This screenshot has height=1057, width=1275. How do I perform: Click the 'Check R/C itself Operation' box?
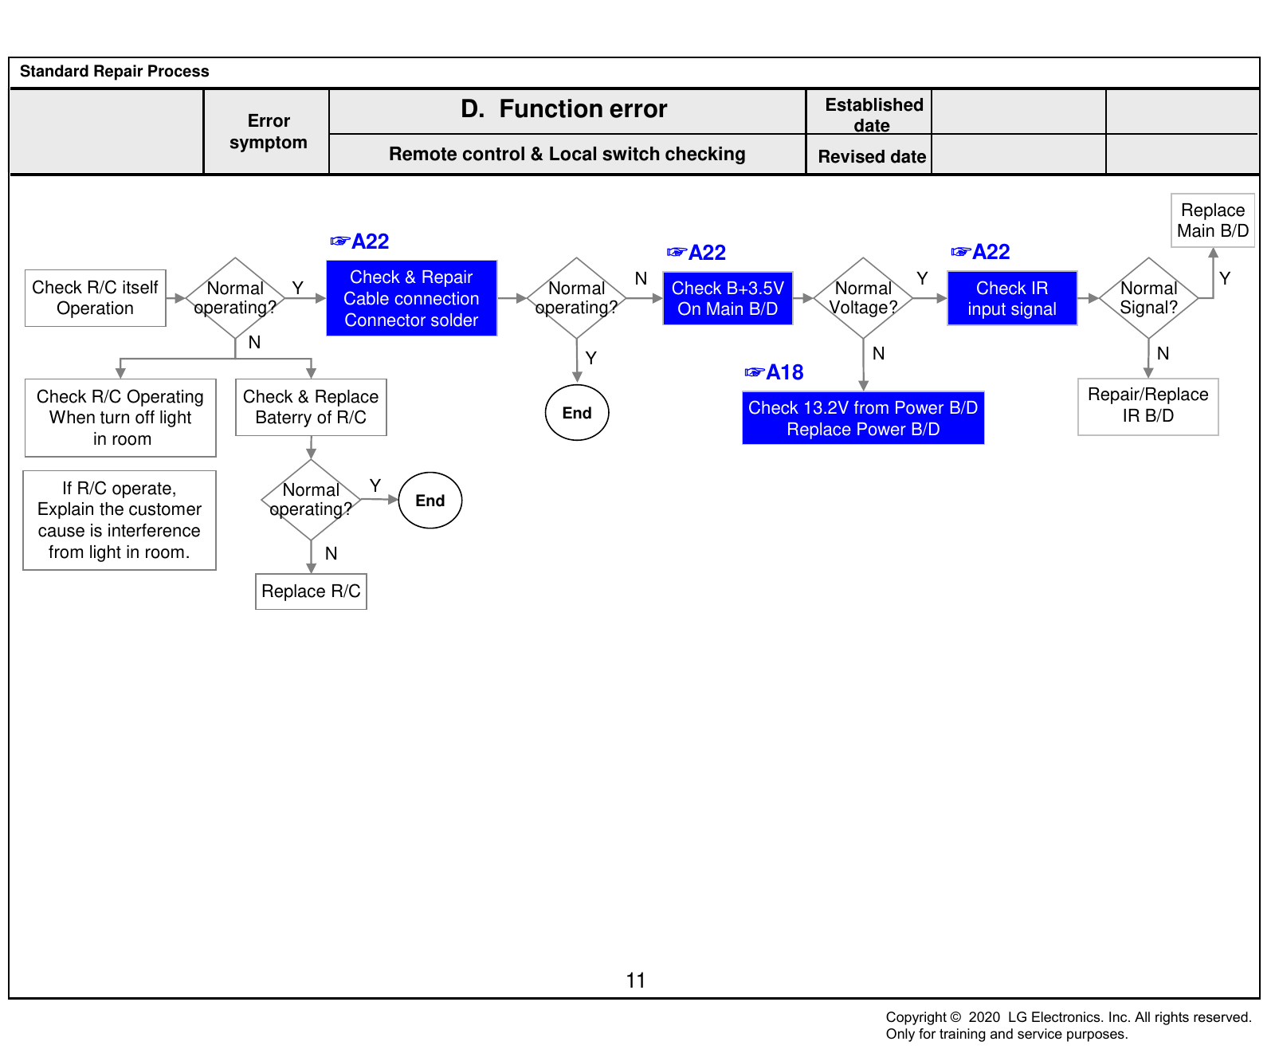pyautogui.click(x=96, y=298)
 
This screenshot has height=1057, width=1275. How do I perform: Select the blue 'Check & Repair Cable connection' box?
pyautogui.click(x=411, y=298)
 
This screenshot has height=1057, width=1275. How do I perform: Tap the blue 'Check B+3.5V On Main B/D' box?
pyautogui.click(x=728, y=298)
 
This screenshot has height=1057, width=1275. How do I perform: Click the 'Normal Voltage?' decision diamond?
pyautogui.click(x=863, y=298)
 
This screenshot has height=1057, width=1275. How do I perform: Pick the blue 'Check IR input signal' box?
pyautogui.click(x=1012, y=298)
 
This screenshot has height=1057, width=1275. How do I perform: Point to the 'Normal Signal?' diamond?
pyautogui.click(x=1148, y=298)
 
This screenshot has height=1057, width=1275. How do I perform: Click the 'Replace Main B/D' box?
pyautogui.click(x=1213, y=220)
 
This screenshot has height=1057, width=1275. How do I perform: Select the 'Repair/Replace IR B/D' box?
pyautogui.click(x=1148, y=407)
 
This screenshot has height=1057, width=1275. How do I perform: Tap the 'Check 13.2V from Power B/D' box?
pyautogui.click(x=863, y=418)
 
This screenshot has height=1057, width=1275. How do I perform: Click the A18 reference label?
pyautogui.click(x=774, y=372)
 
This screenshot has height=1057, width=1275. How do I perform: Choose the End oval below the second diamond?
pyautogui.click(x=577, y=413)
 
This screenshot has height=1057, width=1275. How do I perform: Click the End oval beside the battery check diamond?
pyautogui.click(x=430, y=501)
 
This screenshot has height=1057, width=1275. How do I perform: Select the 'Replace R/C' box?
pyautogui.click(x=311, y=591)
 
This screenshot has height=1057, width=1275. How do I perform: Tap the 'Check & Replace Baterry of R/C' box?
pyautogui.click(x=311, y=407)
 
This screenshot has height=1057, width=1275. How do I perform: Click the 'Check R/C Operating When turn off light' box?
pyautogui.click(x=120, y=418)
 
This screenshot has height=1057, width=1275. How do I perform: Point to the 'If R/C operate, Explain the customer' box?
pyautogui.click(x=120, y=521)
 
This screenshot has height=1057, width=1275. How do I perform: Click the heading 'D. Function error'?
pyautogui.click(x=564, y=109)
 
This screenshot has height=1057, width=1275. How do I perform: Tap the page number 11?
pyautogui.click(x=636, y=980)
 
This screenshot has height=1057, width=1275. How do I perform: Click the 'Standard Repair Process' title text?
pyautogui.click(x=115, y=71)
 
